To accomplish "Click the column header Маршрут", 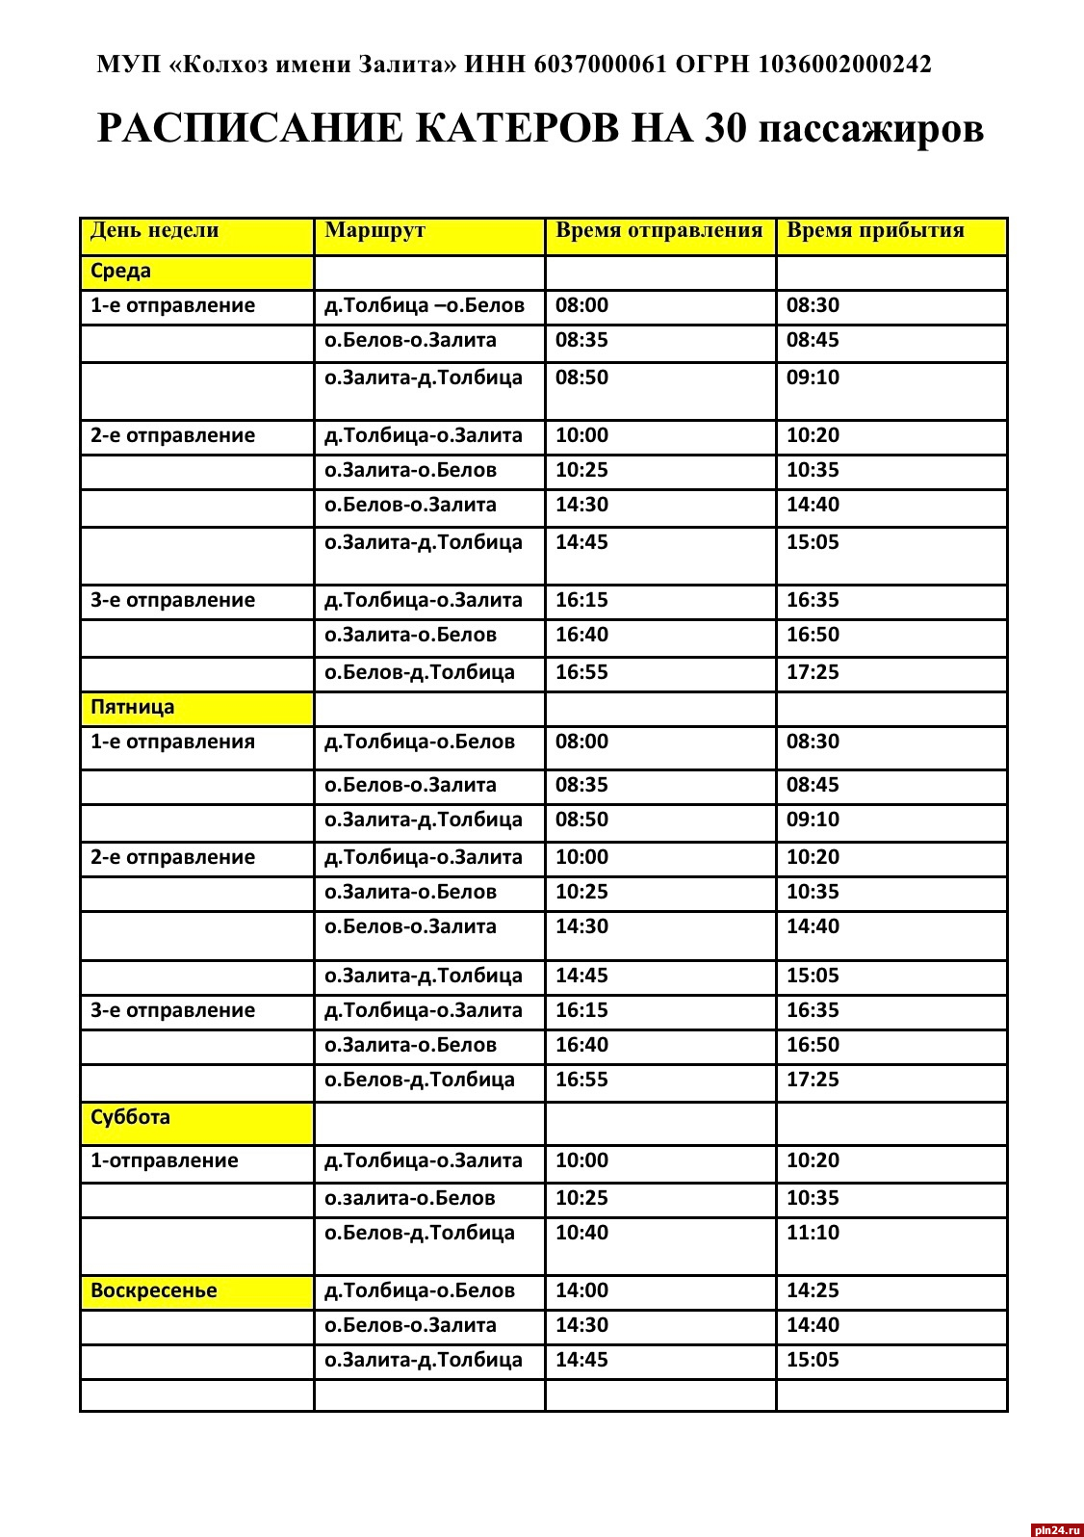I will coord(374,230).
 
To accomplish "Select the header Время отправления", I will coord(658,230).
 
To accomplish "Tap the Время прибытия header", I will coord(875,230).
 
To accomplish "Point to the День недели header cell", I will coord(155,230).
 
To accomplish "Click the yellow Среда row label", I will coord(121,271).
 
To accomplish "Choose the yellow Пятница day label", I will coord(133,707).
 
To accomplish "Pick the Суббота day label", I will coord(130,1117).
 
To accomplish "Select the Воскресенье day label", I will coord(154,1290).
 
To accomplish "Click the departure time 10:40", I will coord(581,1233).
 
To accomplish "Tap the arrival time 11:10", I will coord(813,1233).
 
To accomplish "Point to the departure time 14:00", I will coord(581,1290).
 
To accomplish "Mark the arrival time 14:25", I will coord(813,1290).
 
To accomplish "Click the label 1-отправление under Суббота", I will coord(165,1160).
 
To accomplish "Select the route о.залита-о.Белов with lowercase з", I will coord(410,1198).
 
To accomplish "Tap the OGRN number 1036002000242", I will coord(844,65).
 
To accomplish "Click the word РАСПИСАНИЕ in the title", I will coord(250,128).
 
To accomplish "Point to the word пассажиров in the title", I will coord(871,128).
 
